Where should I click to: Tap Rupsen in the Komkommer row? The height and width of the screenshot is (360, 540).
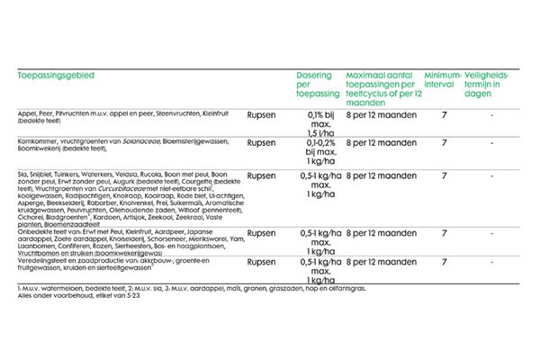pos(261,142)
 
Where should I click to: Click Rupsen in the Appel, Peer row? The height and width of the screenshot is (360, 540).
pos(261,115)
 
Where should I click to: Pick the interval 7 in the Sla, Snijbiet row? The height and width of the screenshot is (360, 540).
pos(444,176)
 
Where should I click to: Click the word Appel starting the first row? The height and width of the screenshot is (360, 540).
pos(26,115)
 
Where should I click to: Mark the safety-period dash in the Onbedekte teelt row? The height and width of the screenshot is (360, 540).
pos(491,208)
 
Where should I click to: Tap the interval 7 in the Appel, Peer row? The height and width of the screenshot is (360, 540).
pos(444,115)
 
